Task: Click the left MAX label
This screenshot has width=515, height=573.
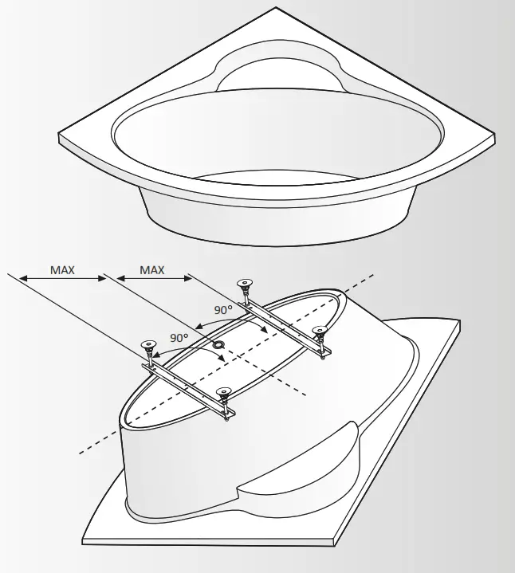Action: (x=62, y=270)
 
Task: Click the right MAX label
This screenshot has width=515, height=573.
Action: (x=151, y=270)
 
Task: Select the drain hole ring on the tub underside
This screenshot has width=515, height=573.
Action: (x=218, y=344)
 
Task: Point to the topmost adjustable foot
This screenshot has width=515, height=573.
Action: (x=244, y=286)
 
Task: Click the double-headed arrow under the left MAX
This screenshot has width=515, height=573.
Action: (x=62, y=279)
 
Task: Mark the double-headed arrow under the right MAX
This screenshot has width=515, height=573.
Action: (x=151, y=279)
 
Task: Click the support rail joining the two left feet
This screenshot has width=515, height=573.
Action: (x=188, y=386)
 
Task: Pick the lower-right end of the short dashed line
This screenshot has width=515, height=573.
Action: (x=306, y=394)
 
